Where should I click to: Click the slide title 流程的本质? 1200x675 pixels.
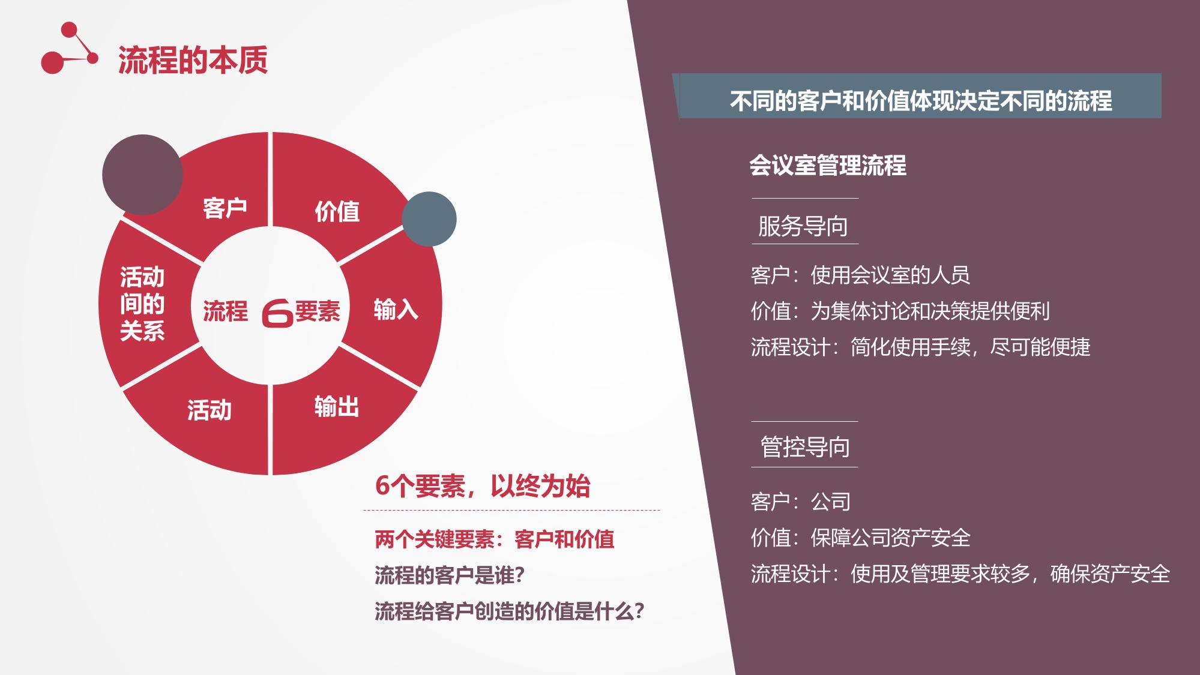(x=193, y=60)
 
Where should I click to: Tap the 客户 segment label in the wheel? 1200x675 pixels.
(x=225, y=208)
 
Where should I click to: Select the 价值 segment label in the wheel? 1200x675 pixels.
(x=337, y=211)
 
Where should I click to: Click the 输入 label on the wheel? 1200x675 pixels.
(x=396, y=310)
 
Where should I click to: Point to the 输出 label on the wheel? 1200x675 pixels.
(x=337, y=407)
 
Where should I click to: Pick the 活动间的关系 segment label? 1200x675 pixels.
(x=142, y=304)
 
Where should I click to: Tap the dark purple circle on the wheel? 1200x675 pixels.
(x=142, y=175)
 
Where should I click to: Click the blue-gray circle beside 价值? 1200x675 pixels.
(x=429, y=219)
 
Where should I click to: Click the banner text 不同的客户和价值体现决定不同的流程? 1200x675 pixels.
(x=921, y=100)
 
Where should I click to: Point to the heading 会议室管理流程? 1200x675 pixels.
(x=828, y=166)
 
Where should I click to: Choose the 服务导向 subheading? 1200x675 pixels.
(x=803, y=226)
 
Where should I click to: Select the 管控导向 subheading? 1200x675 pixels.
(x=805, y=447)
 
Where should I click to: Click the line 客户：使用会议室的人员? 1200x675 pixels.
(x=860, y=275)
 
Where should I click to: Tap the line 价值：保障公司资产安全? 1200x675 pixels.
(x=860, y=538)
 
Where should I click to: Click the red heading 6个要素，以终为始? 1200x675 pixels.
(x=483, y=486)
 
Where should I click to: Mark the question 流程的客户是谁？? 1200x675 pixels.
(x=450, y=575)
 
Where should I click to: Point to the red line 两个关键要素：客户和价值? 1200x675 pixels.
(x=495, y=539)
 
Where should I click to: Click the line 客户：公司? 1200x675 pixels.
(x=801, y=502)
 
